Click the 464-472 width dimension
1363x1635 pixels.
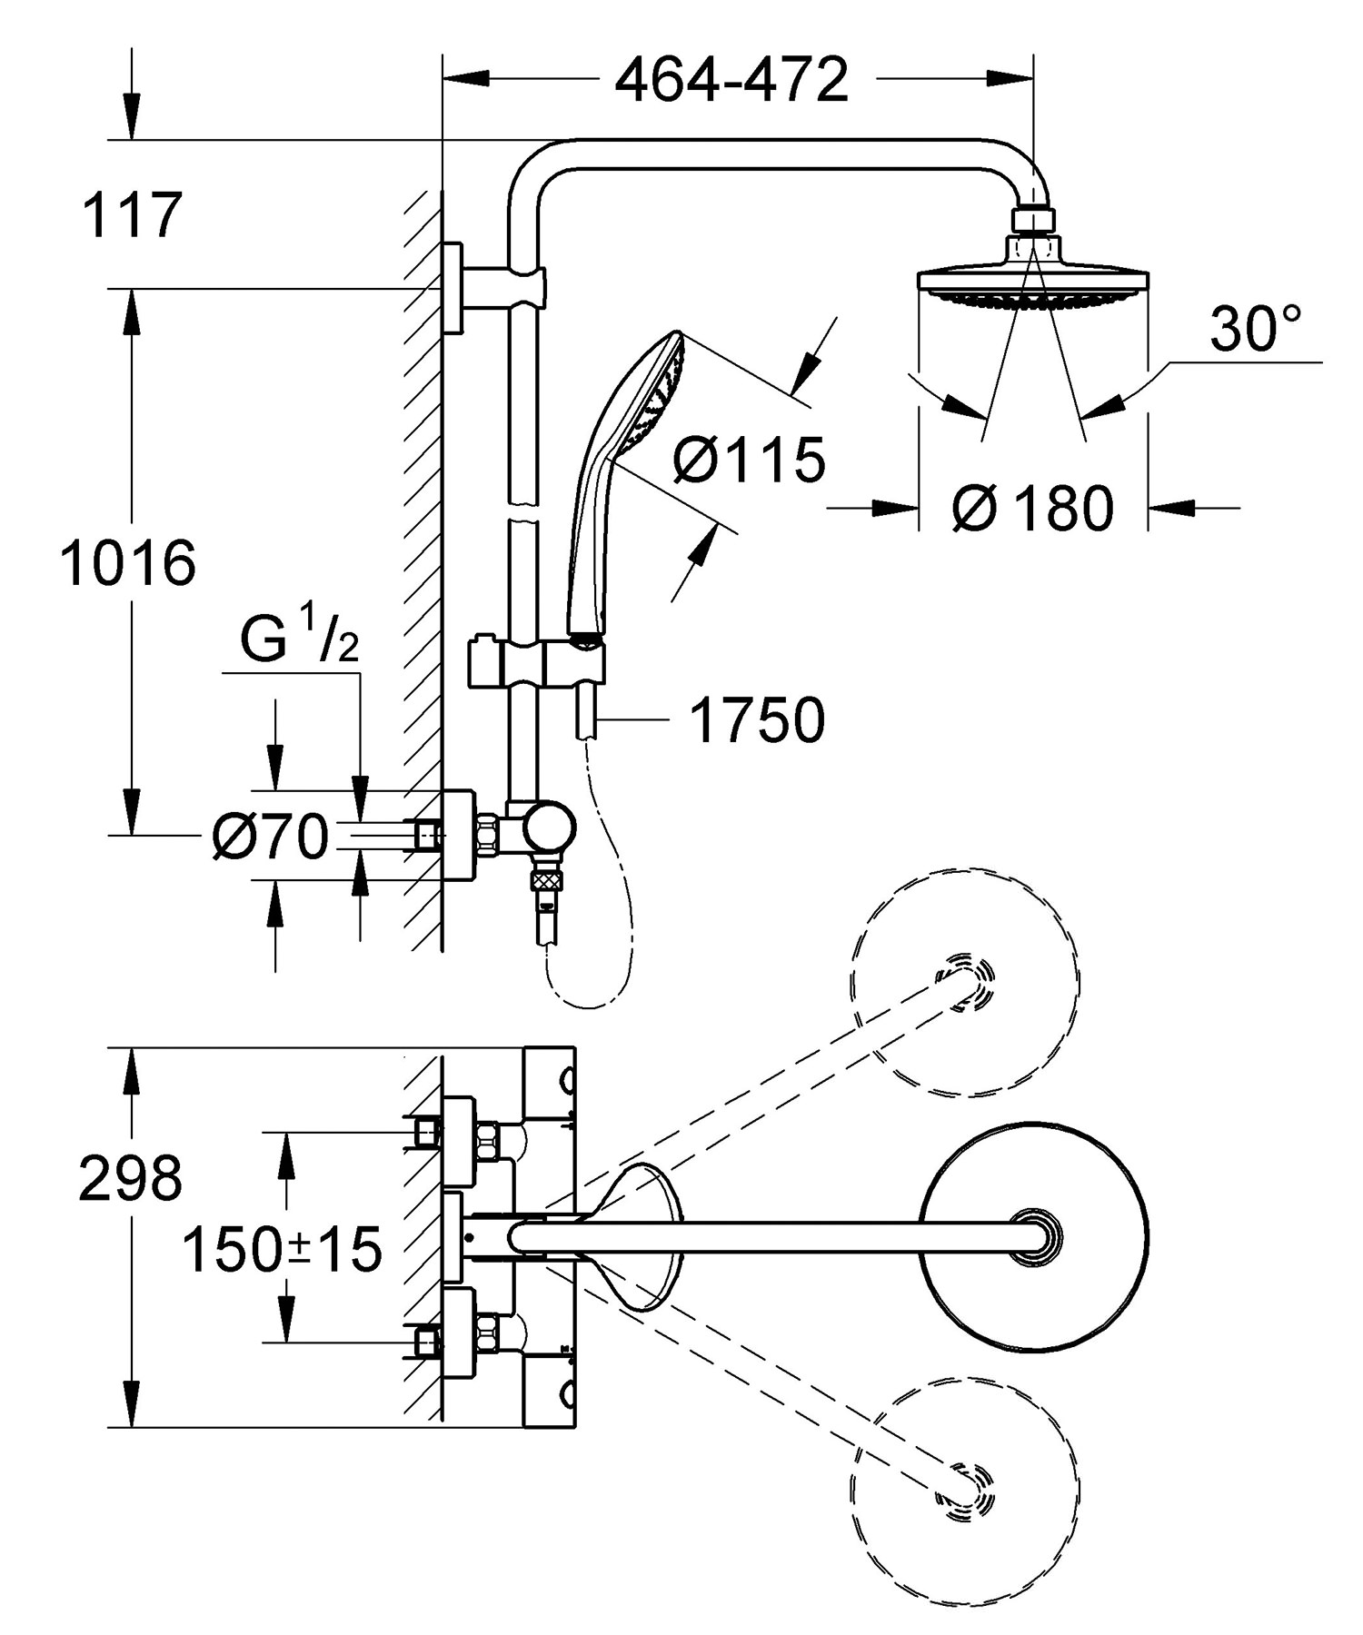(x=731, y=80)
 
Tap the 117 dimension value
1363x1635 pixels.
(x=133, y=215)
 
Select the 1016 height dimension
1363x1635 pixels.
(x=128, y=562)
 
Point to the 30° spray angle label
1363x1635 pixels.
(x=1256, y=328)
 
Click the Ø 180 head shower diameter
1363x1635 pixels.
(x=1033, y=508)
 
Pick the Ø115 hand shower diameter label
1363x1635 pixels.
(x=750, y=459)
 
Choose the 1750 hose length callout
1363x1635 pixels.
(x=758, y=720)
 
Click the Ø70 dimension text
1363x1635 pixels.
(x=270, y=836)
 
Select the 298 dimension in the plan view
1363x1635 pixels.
(x=131, y=1179)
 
